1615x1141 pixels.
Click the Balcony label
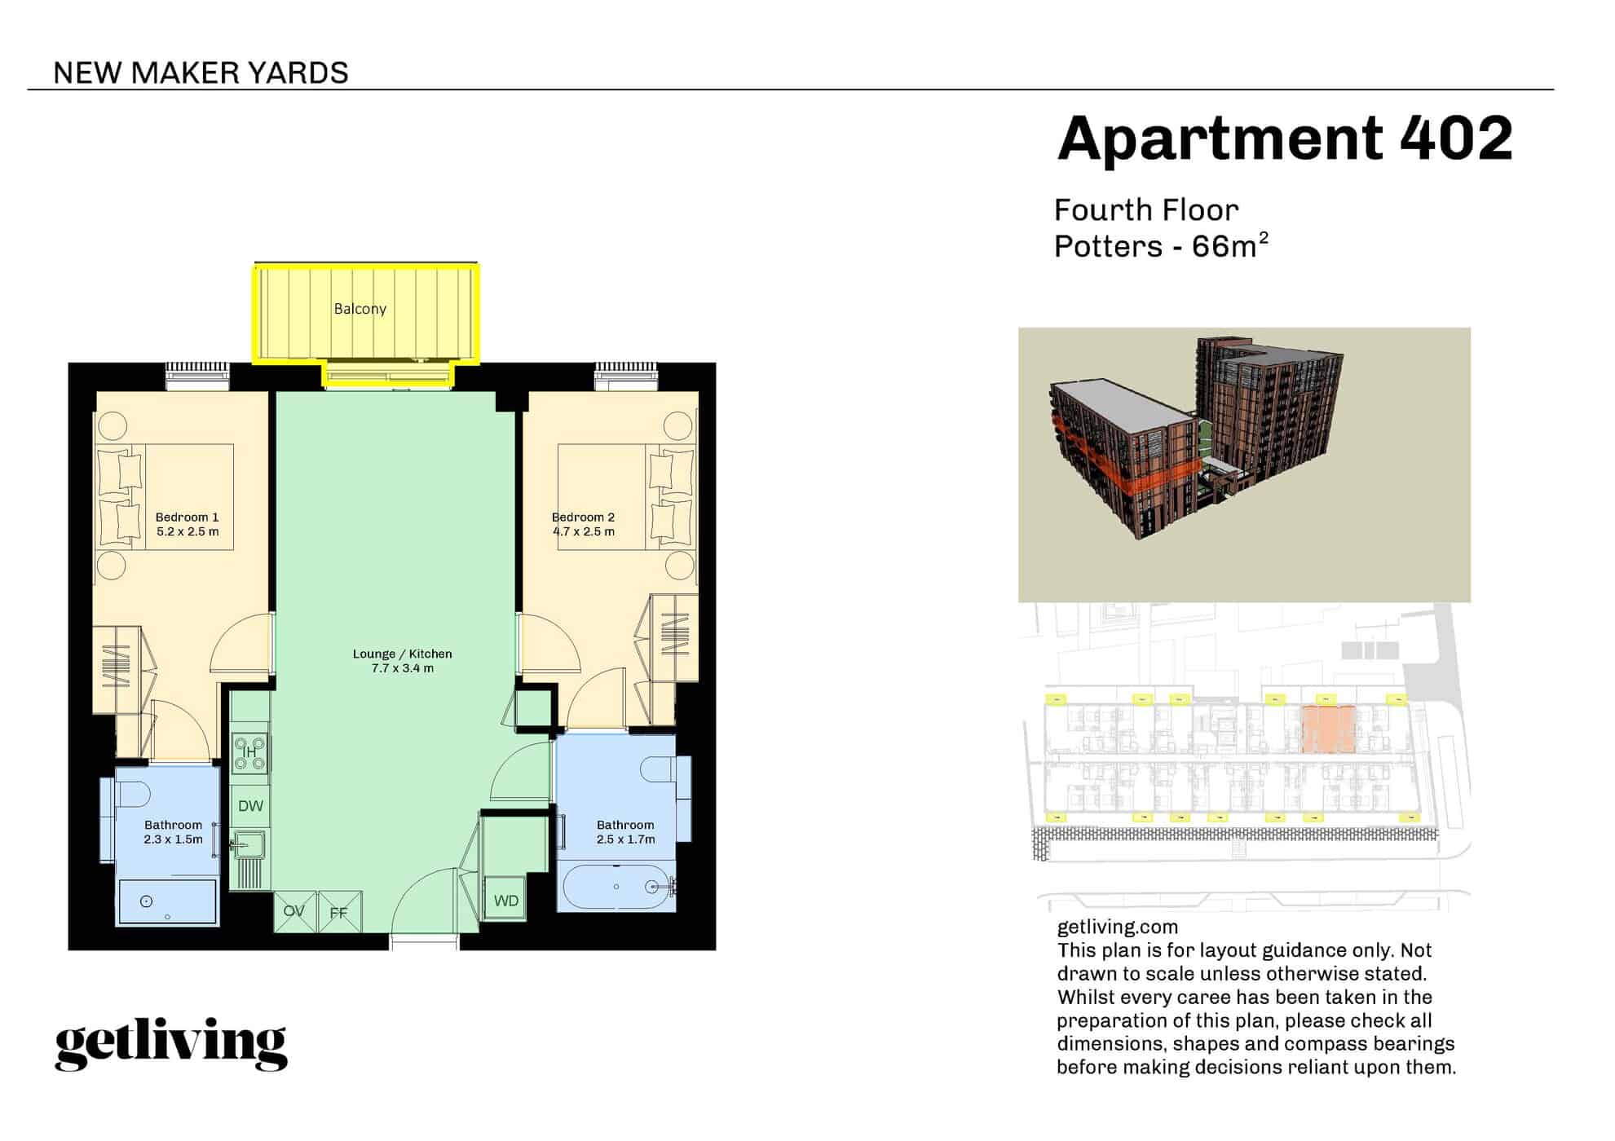click(x=360, y=309)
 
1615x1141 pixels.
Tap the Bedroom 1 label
click(x=187, y=517)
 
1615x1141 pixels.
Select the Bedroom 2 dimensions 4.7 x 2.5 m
click(x=584, y=531)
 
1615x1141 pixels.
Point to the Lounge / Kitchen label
click(x=402, y=654)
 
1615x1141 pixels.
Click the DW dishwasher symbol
click(x=250, y=806)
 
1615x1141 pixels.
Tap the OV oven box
click(x=295, y=911)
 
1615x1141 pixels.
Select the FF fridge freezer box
click(x=339, y=912)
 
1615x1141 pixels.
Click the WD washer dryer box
click(x=505, y=901)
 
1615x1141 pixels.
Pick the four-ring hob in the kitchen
click(x=250, y=753)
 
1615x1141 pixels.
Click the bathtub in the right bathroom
click(x=617, y=887)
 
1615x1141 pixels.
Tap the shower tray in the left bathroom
click(x=168, y=901)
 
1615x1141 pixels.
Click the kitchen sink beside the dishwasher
click(x=249, y=845)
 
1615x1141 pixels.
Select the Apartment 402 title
click(x=1285, y=138)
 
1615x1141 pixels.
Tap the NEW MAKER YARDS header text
click(x=201, y=73)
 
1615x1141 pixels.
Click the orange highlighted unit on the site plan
click(x=1328, y=729)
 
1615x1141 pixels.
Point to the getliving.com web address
click(x=1117, y=927)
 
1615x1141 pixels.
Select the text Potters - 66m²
click(x=1161, y=245)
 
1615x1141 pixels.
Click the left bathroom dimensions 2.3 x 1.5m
click(x=173, y=839)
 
